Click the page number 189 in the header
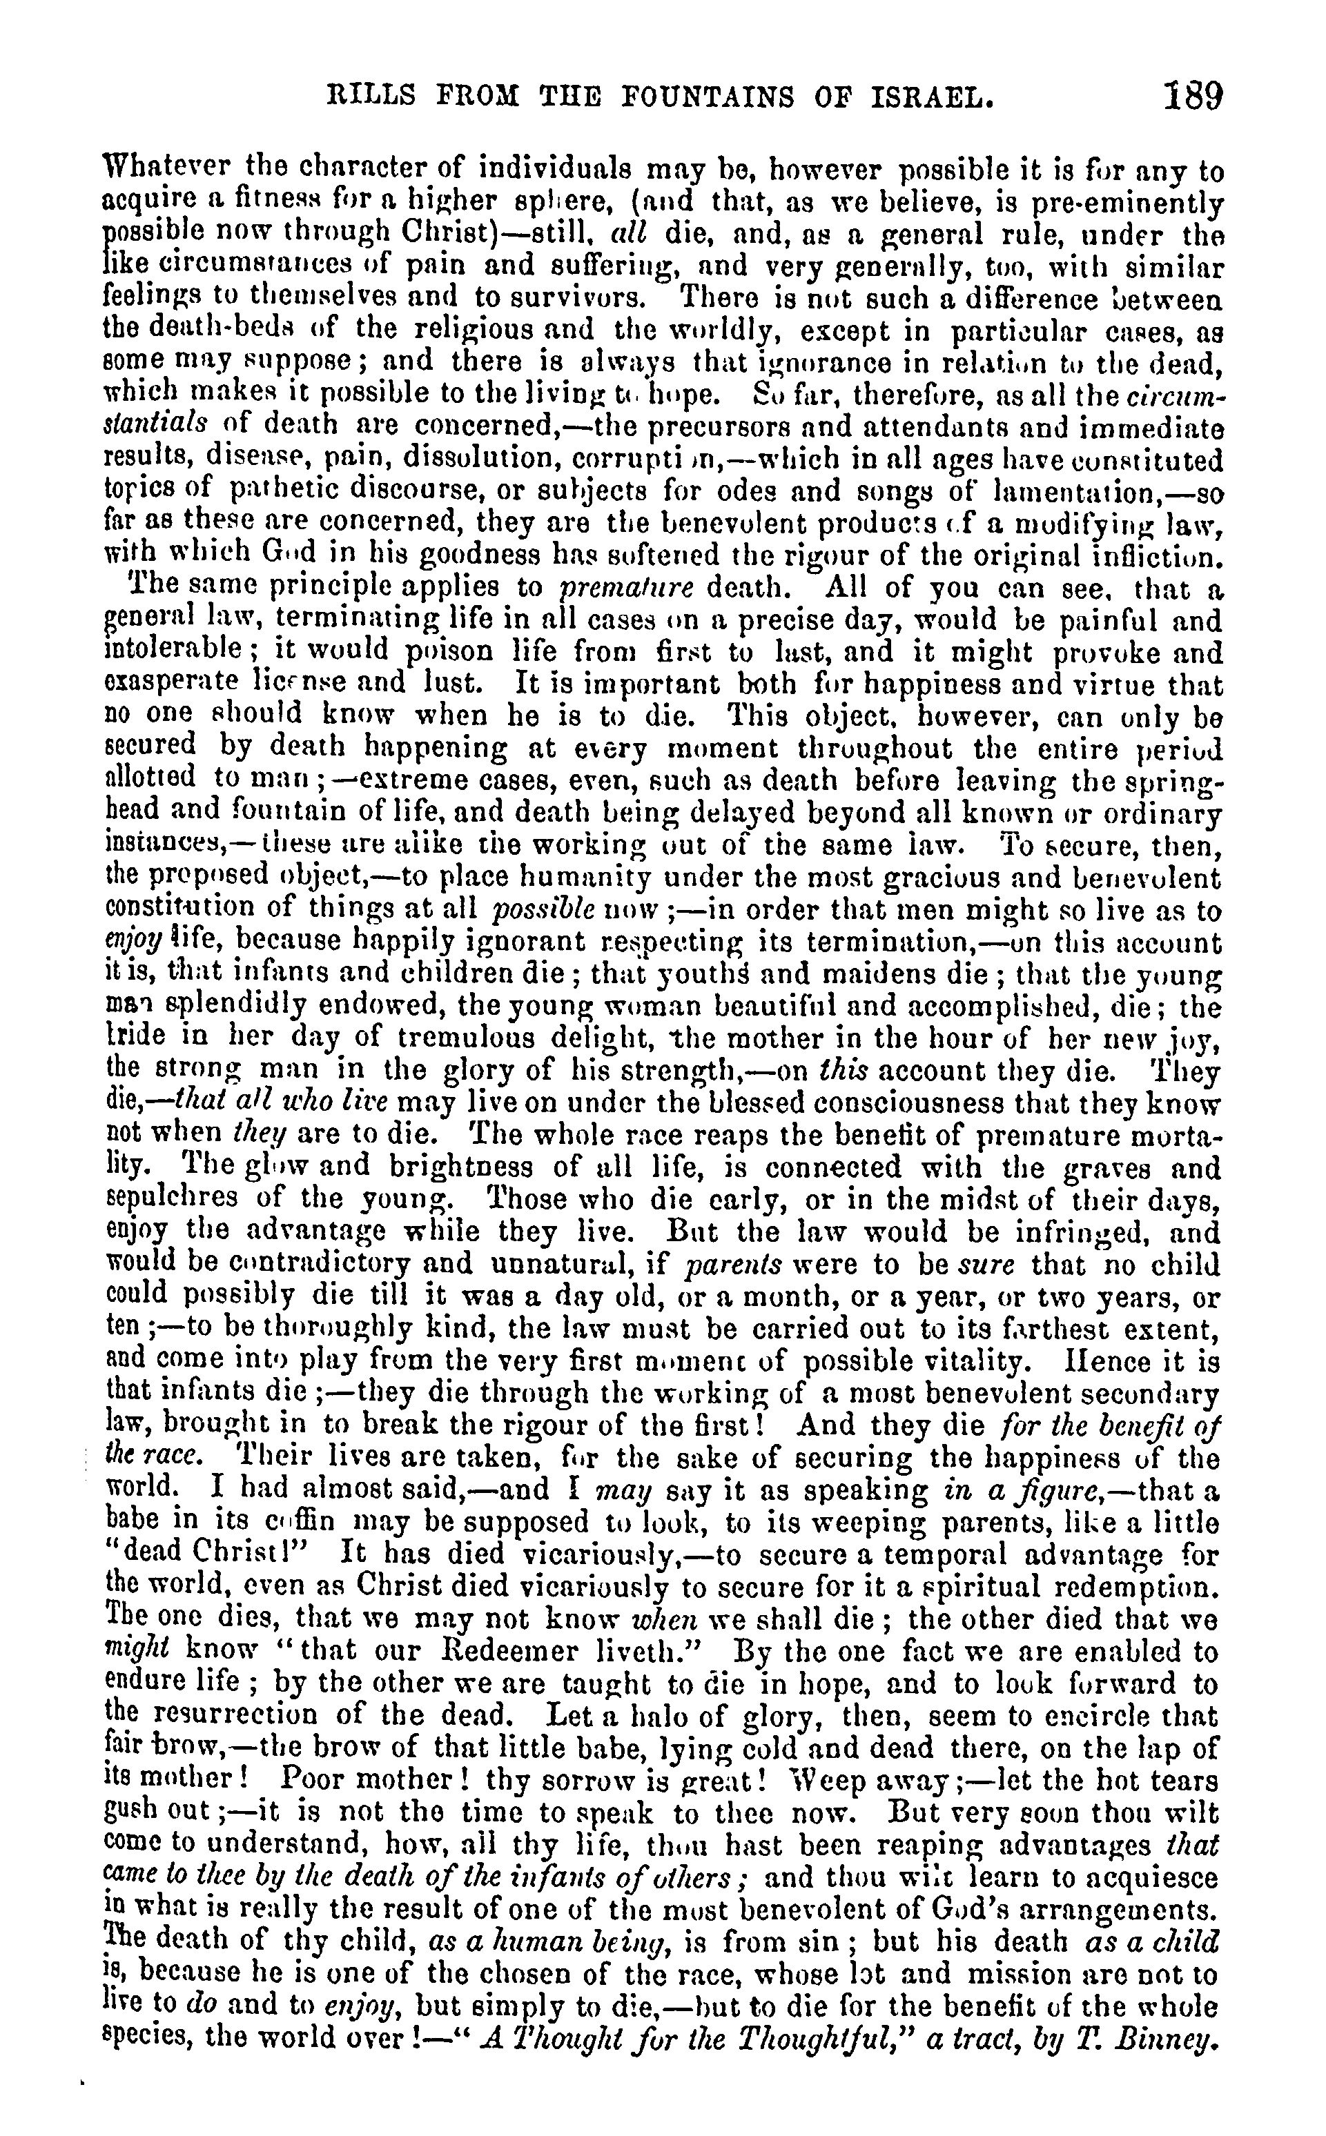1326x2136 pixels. coord(1193,94)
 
